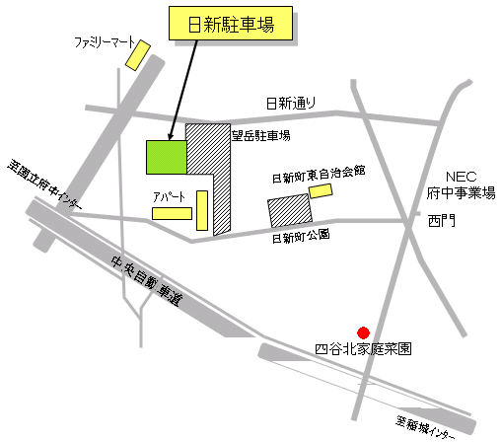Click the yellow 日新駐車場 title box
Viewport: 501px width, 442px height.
(231, 25)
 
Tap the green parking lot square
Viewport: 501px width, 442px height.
(167, 156)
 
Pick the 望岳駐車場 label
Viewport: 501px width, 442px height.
(261, 136)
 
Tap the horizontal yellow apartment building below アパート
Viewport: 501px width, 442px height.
(172, 212)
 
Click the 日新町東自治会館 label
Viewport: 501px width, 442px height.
(319, 174)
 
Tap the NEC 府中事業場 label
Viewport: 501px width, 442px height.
(461, 183)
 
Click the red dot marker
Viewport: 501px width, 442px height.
(363, 332)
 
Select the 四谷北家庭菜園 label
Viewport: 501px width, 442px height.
(362, 348)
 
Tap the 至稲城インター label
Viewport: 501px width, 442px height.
(425, 426)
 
